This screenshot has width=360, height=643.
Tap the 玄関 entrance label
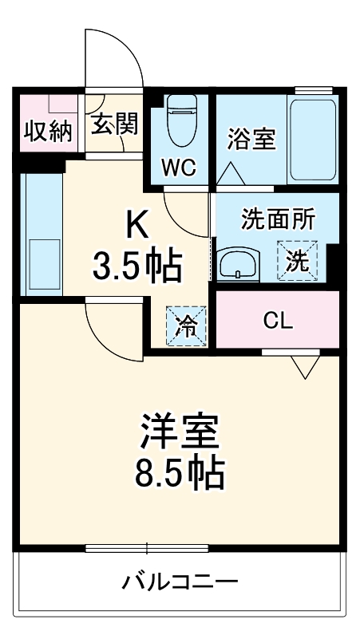click(113, 123)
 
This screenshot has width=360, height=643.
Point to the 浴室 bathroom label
click(251, 139)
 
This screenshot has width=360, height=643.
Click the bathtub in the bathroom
click(313, 140)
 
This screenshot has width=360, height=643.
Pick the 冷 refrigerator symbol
click(185, 326)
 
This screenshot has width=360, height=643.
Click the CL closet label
click(279, 321)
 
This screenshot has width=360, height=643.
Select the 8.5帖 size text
click(179, 475)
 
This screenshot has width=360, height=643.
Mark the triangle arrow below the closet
click(304, 367)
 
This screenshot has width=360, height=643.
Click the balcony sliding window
click(147, 548)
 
